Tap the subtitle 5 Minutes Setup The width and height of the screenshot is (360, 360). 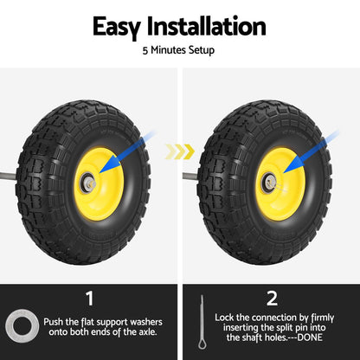click(x=179, y=50)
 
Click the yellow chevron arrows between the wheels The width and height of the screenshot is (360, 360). click(x=179, y=152)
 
